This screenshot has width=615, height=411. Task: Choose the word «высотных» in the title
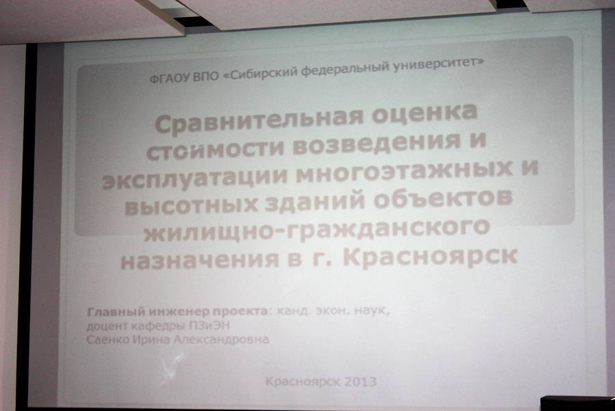pos(191,206)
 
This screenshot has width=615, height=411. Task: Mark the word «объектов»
pos(443,200)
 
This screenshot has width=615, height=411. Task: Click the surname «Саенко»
pos(108,339)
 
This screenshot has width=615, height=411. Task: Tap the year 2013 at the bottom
pos(359,382)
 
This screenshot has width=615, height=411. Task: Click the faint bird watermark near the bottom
pos(172,368)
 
